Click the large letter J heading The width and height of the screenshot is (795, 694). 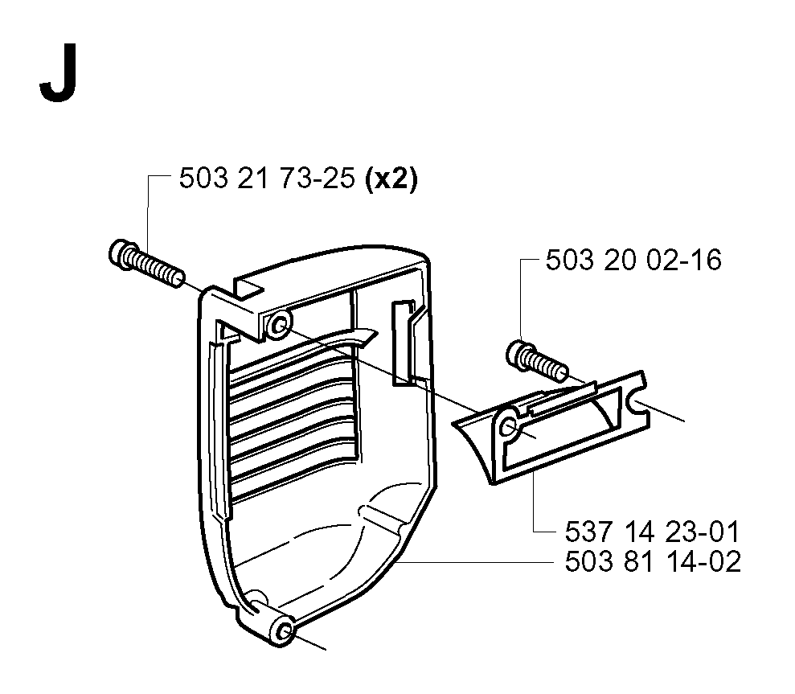pos(59,74)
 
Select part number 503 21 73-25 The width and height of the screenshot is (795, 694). pos(267,179)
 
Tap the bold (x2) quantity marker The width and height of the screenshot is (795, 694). pos(391,179)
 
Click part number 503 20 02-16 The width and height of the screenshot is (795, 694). pos(633,261)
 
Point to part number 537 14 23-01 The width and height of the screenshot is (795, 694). pos(653,532)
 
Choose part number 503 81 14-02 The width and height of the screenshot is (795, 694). pos(653,561)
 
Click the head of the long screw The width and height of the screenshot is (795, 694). pos(120,253)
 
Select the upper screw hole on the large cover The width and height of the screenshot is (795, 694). pos(278,324)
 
